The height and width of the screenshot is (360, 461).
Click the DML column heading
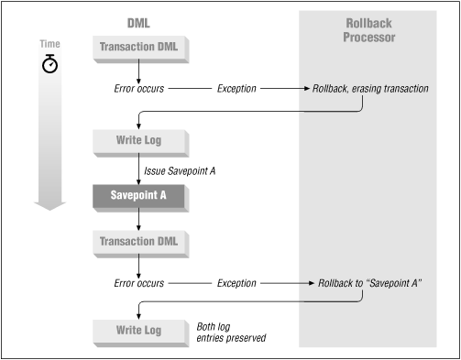coord(137,21)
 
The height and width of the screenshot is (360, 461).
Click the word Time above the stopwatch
coord(49,43)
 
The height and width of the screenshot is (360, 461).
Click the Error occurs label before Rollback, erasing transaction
coord(137,89)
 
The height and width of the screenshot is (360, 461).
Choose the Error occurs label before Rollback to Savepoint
coord(137,283)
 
